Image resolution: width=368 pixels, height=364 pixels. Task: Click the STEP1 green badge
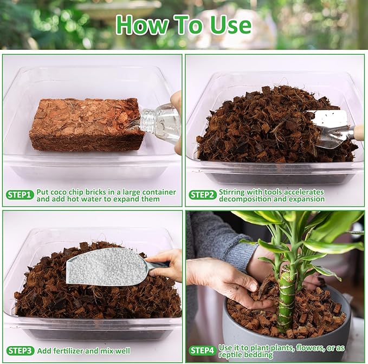click(x=20, y=195)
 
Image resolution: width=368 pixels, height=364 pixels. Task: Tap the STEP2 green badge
click(x=203, y=195)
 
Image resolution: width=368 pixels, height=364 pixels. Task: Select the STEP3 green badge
click(x=20, y=351)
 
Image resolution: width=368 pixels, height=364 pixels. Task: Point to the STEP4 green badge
click(x=203, y=351)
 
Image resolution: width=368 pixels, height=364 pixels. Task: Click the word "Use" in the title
click(x=229, y=25)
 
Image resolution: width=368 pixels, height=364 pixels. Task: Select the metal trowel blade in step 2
click(x=328, y=128)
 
